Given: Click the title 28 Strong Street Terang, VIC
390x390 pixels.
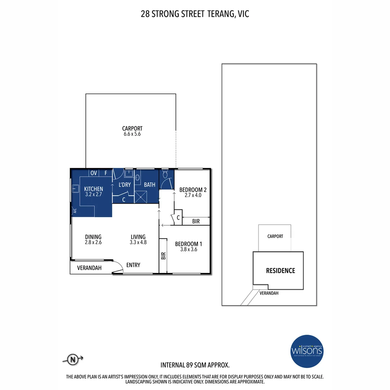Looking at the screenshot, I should (x=195, y=14).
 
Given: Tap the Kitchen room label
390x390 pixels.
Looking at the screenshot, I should (x=94, y=189).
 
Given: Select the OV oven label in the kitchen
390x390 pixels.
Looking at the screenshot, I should (x=94, y=173).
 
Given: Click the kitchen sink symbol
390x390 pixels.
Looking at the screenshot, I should (x=75, y=188).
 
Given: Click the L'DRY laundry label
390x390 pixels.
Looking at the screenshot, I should (x=125, y=185).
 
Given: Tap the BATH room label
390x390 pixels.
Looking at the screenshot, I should (x=149, y=185).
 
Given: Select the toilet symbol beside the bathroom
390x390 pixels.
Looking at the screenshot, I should (x=166, y=175).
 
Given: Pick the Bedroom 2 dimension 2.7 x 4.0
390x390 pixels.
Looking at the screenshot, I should (x=193, y=195).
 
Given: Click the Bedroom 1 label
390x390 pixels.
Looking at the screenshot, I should (x=186, y=244).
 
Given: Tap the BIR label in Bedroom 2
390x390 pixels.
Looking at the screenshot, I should (x=196, y=221).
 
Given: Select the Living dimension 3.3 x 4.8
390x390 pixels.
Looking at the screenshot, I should (x=138, y=243).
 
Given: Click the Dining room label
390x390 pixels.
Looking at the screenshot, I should (x=93, y=237).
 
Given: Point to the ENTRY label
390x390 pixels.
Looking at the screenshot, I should (x=133, y=265).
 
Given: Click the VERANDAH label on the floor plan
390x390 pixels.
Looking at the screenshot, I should (x=89, y=268).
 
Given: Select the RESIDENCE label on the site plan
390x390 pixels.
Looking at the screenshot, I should (x=280, y=270).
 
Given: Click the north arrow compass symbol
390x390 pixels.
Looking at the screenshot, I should (x=73, y=359).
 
